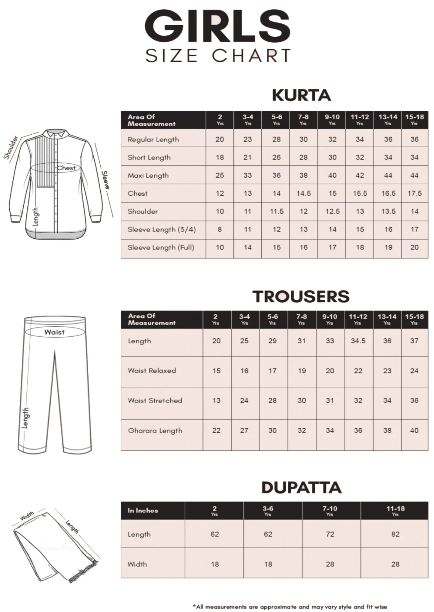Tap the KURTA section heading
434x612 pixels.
(x=301, y=95)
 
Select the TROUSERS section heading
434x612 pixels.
(x=301, y=296)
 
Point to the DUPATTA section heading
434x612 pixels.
(x=302, y=487)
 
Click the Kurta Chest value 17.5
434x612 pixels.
(x=414, y=193)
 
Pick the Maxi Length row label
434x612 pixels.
(x=148, y=175)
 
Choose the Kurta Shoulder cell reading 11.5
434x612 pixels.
(x=276, y=211)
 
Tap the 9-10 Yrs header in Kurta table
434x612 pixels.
(x=332, y=119)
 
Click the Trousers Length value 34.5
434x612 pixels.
(x=358, y=341)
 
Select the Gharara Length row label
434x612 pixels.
(x=155, y=430)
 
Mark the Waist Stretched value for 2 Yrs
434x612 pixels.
(x=216, y=400)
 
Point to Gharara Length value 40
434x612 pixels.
(x=414, y=430)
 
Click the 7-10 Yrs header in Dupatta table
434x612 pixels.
(x=330, y=510)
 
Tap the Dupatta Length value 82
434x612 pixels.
(x=395, y=534)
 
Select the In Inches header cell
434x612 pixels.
(x=143, y=510)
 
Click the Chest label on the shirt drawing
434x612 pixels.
(x=66, y=168)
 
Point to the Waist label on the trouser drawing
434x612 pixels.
(x=54, y=332)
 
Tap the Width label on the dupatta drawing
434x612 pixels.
(x=27, y=516)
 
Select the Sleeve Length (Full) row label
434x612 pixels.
(x=161, y=247)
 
